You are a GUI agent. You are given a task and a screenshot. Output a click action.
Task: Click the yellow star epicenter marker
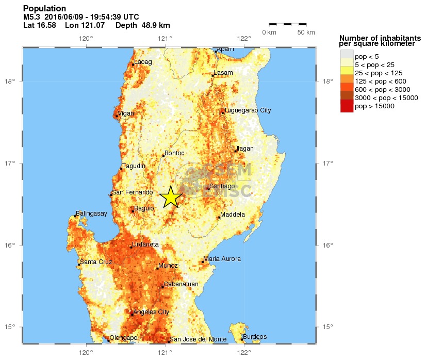pos(171,197)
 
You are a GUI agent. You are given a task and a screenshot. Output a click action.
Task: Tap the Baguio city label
pos(144,208)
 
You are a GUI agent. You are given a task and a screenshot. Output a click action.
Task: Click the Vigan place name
pos(126,113)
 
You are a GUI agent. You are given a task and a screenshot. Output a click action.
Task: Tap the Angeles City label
pos(151,312)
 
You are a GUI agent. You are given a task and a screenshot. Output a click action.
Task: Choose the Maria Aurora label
pos(222,259)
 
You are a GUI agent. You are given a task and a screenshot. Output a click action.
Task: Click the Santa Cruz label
pos(96,262)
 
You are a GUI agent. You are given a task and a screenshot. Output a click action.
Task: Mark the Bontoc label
pos(174,153)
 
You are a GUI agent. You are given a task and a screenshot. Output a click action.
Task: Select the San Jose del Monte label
pos(198,339)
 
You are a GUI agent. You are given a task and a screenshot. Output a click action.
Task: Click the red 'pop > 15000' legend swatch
pos(346,106)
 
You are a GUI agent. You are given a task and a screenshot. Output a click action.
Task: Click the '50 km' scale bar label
pos(306,32)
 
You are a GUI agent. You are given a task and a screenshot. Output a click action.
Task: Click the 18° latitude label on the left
pos(11,81)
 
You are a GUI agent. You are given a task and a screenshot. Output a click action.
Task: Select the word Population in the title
pos(45,9)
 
